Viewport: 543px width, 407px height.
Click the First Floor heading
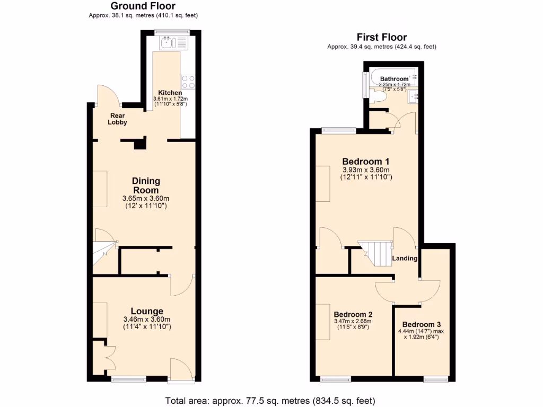(381, 37)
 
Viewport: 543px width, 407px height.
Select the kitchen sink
(169, 42)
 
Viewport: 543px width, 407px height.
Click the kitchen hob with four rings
(188, 82)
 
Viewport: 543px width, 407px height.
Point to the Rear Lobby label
(118, 119)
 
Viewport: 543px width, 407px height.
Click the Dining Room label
(146, 185)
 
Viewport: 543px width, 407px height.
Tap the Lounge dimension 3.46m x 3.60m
(146, 320)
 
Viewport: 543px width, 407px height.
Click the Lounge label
(147, 311)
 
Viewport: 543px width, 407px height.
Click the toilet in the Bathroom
(380, 95)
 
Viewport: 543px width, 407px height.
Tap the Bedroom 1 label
(366, 161)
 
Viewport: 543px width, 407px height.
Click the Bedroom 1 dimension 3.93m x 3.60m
(366, 170)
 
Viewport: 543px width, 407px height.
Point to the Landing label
(405, 259)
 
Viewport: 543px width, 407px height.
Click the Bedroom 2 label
(353, 314)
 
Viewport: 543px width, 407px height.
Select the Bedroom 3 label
(422, 324)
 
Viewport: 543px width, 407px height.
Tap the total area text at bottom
(270, 401)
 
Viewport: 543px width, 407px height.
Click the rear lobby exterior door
(109, 95)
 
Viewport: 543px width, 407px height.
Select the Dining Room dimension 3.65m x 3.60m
(146, 199)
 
